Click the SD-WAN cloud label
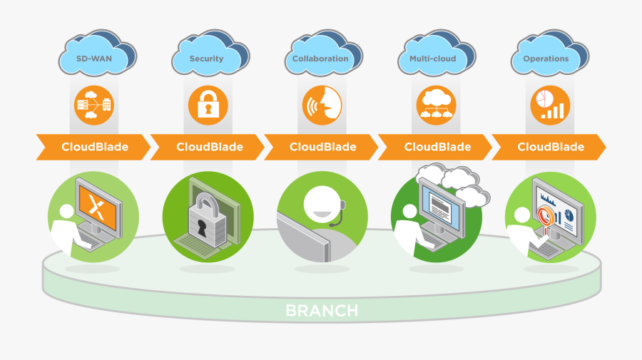pyautogui.click(x=93, y=59)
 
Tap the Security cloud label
pyautogui.click(x=206, y=59)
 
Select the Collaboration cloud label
pyautogui.click(x=320, y=59)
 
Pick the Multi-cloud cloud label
pyautogui.click(x=433, y=59)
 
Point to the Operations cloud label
pyautogui.click(x=546, y=59)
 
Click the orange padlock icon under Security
pyautogui.click(x=208, y=105)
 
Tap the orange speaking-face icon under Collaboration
pyautogui.click(x=322, y=105)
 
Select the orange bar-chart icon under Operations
pyautogui.click(x=551, y=105)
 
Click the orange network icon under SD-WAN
pyautogui.click(x=93, y=105)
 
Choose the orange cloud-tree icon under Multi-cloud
pyautogui.click(x=436, y=105)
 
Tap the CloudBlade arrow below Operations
pyautogui.click(x=550, y=147)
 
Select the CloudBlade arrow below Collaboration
pyautogui.click(x=322, y=147)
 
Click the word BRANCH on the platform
pyautogui.click(x=322, y=311)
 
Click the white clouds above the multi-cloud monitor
pyautogui.click(x=457, y=180)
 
